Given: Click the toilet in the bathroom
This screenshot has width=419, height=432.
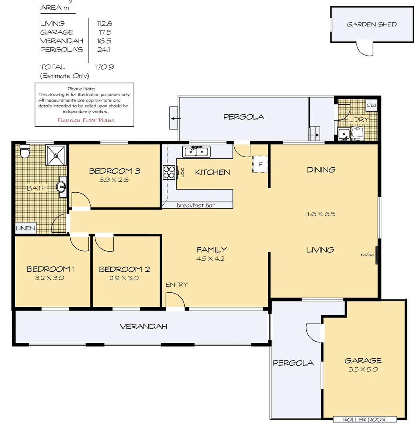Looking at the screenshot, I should pyautogui.click(x=24, y=152).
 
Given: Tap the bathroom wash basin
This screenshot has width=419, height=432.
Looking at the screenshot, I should pyautogui.click(x=61, y=186).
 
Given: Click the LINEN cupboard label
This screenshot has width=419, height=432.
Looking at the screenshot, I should pyautogui.click(x=26, y=228).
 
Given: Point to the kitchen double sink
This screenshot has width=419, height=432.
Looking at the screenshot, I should pyautogui.click(x=196, y=152).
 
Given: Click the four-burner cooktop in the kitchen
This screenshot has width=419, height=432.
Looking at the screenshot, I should pyautogui.click(x=169, y=172).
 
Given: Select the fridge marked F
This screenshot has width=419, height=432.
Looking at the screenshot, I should pyautogui.click(x=260, y=164).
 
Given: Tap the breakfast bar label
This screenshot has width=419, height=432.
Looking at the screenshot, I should pyautogui.click(x=196, y=205).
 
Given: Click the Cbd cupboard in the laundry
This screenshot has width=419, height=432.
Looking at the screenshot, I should pyautogui.click(x=371, y=106).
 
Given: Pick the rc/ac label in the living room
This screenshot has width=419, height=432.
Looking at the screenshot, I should pyautogui.click(x=367, y=254).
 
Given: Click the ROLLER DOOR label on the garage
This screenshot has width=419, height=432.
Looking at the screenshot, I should pyautogui.click(x=365, y=419).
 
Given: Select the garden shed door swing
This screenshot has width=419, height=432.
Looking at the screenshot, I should pyautogui.click(x=365, y=48).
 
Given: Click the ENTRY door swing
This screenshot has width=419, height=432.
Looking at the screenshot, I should pyautogui.click(x=175, y=300).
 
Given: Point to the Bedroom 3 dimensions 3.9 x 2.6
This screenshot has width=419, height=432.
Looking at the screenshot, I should pyautogui.click(x=114, y=180).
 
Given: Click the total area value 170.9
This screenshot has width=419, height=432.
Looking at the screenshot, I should pyautogui.click(x=104, y=67).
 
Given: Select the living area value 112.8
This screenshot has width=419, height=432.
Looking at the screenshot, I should pyautogui.click(x=104, y=24).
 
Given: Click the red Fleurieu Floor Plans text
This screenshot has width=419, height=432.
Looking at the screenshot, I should pyautogui.click(x=86, y=120).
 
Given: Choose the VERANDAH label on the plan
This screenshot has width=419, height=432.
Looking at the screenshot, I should pyautogui.click(x=144, y=326).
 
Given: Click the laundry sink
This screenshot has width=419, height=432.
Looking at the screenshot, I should pyautogui.click(x=343, y=134).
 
